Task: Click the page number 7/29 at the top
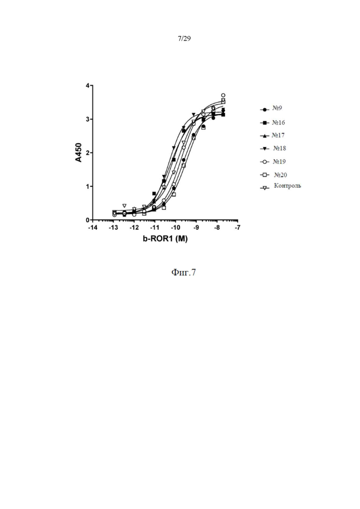pos(184,39)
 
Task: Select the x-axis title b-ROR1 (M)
pos(165,240)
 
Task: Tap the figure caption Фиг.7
pos(184,273)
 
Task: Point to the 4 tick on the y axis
pos(87,86)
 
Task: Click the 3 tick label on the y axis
pos(87,119)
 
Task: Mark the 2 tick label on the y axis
pos(87,153)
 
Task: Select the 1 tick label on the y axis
pos(87,186)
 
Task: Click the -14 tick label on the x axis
pos(92,228)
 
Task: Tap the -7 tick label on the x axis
pos(237,228)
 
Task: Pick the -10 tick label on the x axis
pos(175,228)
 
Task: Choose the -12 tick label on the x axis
pos(133,228)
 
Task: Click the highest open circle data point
pos(223,96)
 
